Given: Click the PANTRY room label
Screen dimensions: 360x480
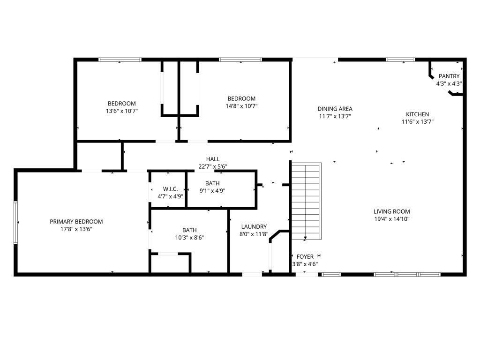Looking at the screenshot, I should [x=449, y=76].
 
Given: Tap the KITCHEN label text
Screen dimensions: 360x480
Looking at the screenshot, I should [x=417, y=114].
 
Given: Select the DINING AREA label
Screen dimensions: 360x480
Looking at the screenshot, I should [x=335, y=109].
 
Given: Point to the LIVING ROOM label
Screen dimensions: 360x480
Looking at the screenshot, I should [x=392, y=211].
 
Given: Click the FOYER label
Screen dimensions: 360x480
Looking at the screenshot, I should [x=305, y=256].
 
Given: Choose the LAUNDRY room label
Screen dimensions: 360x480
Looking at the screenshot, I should [x=254, y=226].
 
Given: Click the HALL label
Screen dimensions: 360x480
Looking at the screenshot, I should [x=213, y=159].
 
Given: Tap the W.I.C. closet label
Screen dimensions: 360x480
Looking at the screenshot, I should [x=170, y=189].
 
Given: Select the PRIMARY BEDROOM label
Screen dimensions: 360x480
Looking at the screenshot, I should [x=76, y=222].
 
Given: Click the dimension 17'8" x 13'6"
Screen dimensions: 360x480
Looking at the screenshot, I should [x=76, y=229].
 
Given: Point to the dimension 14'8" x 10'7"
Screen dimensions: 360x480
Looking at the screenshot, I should [x=241, y=106].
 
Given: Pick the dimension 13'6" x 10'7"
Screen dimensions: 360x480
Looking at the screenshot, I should [x=122, y=111].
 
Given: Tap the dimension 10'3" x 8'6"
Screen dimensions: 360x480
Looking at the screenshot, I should [x=189, y=237].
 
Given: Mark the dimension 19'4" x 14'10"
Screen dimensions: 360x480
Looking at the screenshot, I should [x=392, y=219].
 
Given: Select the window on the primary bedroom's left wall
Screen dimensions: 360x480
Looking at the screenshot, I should [x=15, y=222].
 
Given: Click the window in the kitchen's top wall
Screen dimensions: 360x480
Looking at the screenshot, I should [x=400, y=60].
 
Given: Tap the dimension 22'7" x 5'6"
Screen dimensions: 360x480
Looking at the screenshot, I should [x=213, y=166].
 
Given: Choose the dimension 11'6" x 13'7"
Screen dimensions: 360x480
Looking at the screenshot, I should [x=417, y=122].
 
